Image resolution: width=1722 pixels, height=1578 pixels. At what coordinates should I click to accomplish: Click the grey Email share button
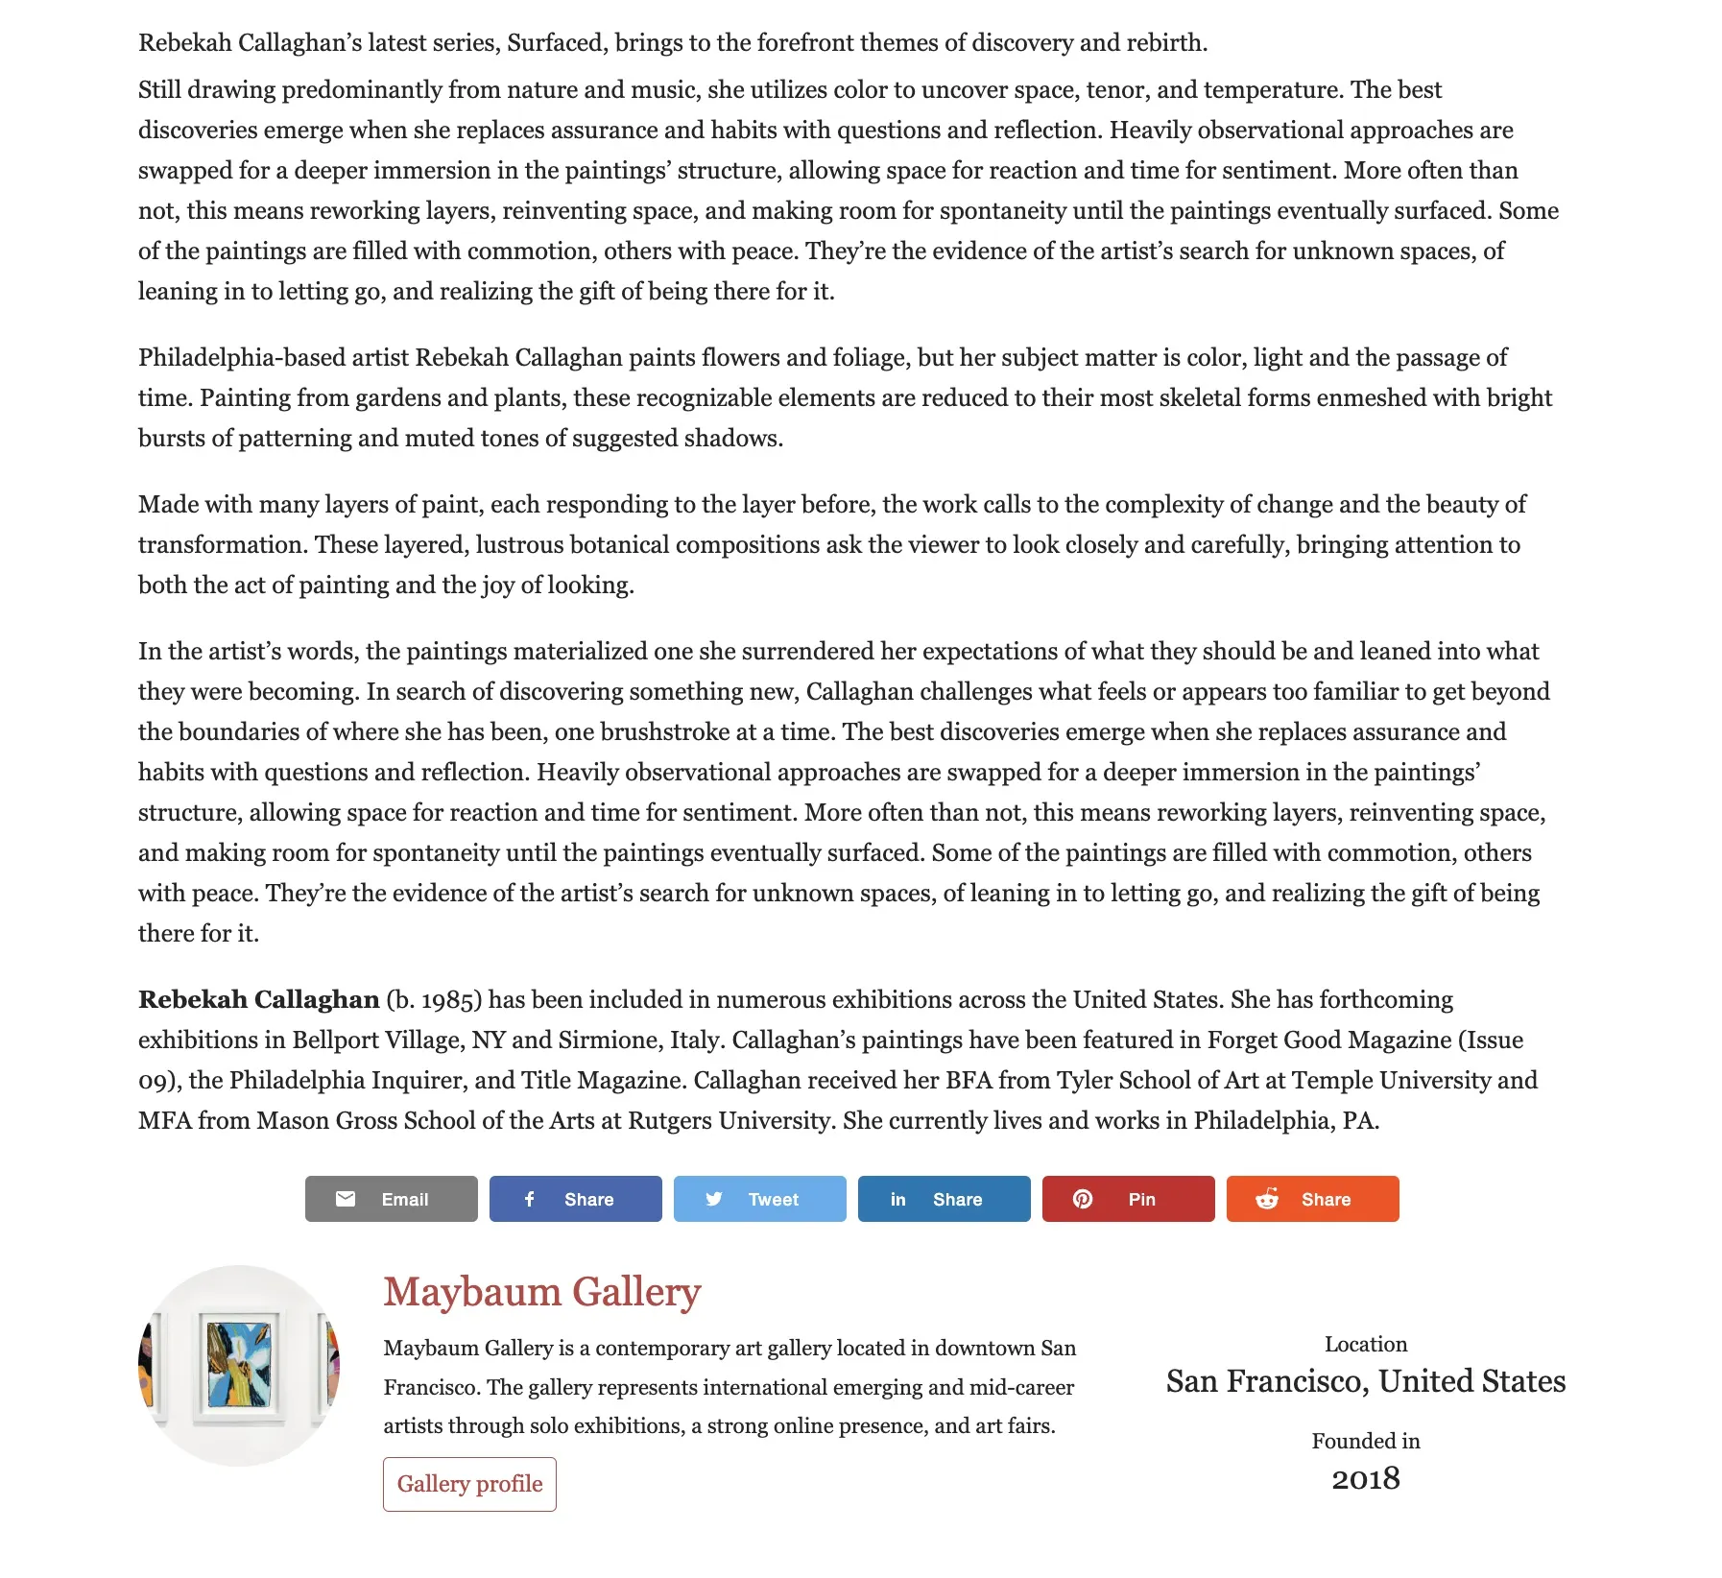point(391,1199)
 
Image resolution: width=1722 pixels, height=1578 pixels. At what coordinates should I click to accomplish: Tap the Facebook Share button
point(575,1199)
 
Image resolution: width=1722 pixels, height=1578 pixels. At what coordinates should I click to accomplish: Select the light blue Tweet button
point(759,1199)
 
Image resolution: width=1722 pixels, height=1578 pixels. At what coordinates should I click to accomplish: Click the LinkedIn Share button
point(944,1199)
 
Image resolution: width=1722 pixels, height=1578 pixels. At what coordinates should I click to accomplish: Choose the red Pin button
point(1128,1199)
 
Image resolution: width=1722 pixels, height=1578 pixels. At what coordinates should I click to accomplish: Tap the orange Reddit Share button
point(1312,1199)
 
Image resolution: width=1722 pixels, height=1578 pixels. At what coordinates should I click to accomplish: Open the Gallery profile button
point(469,1484)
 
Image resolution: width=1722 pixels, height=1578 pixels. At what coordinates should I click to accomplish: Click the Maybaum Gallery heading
point(542,1292)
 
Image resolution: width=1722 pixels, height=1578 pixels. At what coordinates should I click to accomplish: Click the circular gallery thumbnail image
point(239,1365)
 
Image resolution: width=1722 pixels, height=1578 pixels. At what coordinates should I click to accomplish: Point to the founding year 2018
point(1365,1479)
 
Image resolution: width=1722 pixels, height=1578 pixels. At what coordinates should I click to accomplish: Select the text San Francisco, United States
point(1365,1381)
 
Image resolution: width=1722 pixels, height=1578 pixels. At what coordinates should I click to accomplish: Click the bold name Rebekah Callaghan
point(258,1000)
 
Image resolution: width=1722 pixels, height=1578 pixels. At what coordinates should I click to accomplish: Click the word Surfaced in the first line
point(556,43)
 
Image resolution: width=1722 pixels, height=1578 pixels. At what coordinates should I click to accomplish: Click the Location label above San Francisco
point(1365,1344)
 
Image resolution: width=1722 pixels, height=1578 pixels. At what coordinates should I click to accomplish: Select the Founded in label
point(1365,1441)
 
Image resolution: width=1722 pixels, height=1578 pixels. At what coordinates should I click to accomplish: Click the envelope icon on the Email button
point(346,1199)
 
